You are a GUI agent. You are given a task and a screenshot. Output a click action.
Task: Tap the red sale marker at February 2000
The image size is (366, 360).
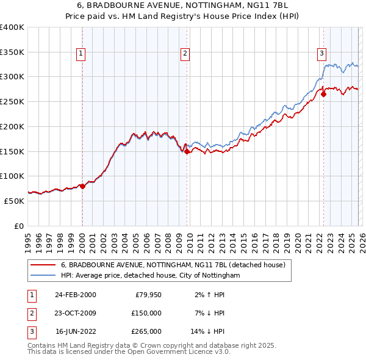82,186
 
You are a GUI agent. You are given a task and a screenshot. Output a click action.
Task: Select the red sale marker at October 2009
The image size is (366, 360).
187,151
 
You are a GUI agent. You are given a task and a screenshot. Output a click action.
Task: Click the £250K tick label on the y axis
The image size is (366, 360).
12,101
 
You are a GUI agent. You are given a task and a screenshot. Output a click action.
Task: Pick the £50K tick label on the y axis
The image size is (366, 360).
14,201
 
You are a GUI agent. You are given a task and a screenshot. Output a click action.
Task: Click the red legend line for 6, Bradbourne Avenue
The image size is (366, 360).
43,265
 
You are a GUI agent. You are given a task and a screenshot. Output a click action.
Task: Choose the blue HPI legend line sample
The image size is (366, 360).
43,276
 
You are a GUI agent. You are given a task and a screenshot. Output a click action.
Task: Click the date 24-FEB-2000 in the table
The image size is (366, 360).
75,295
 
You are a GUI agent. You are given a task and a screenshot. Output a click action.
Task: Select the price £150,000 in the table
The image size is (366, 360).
146,313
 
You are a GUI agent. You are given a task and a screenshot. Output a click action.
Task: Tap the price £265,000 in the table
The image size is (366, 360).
146,331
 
